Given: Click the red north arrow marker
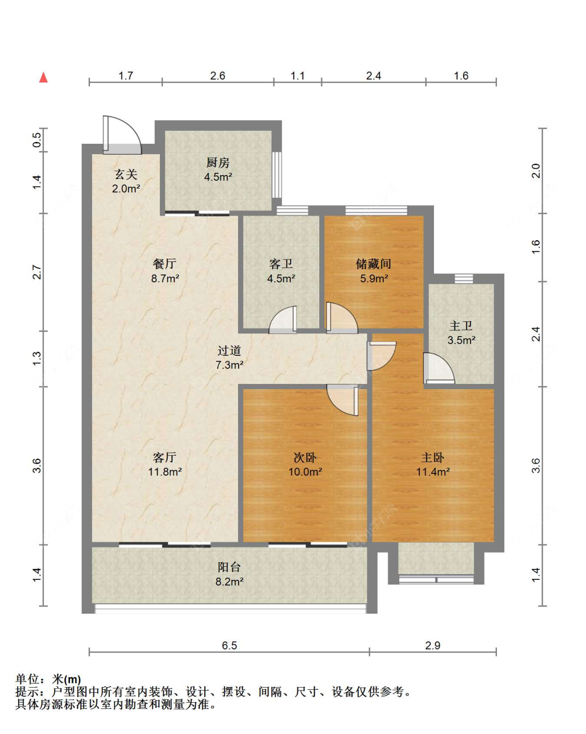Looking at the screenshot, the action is pos(43,78).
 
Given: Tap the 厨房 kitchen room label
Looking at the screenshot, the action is pos(218,163).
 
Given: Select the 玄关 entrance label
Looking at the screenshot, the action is pos(126,175).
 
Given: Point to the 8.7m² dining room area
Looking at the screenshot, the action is pos(165,278).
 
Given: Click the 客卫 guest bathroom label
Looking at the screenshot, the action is pos(281,264).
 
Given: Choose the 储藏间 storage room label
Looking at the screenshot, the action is pos(373,264).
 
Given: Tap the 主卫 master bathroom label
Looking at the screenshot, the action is pos(460,326).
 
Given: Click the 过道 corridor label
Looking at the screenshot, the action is pos(229,350).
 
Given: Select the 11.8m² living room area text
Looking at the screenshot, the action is pos(165,472).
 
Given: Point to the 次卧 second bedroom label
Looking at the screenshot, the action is pos(305,457).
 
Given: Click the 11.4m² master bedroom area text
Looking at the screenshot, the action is pos(433,472).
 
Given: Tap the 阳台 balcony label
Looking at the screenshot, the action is pos(229,567).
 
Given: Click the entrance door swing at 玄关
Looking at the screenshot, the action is pos(122,135).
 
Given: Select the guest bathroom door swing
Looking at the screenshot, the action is pos(283,319).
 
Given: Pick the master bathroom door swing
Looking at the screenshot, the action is pos(439,368).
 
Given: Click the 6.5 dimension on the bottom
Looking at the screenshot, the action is pos(229,645).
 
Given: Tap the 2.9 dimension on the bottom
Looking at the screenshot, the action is pos(432,645).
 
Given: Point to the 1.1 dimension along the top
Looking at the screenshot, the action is pos(297,76).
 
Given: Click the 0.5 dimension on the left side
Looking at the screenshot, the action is pos(37,140).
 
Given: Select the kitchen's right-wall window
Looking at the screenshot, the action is pos(277,175).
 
